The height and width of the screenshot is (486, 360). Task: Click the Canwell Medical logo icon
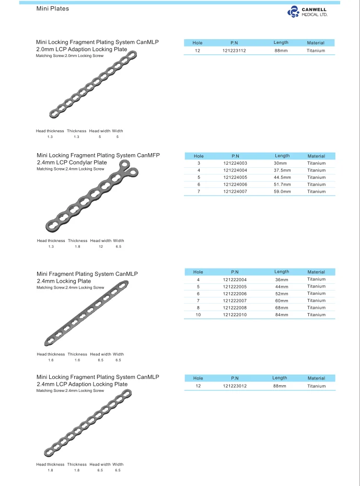293,12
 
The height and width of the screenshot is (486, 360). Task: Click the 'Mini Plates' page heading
52,9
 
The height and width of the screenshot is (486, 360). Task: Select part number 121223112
234,51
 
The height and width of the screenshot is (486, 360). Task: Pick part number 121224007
235,192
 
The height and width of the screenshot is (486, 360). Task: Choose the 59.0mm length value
282,192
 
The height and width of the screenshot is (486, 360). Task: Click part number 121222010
235,315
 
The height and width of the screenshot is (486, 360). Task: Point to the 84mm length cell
282,315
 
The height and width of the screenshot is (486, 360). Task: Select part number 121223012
234,386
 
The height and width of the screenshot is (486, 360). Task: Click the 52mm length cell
282,294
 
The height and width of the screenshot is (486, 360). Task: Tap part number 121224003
235,164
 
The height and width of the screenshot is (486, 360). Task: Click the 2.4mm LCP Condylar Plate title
72,163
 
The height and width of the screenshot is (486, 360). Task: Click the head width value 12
100,247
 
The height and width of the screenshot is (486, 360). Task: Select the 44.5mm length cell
282,178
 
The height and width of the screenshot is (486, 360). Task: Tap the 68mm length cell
282,308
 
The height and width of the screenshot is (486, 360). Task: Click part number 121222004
235,280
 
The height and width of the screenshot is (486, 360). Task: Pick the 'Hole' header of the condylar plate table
199,156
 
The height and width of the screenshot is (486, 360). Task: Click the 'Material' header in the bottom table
316,378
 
